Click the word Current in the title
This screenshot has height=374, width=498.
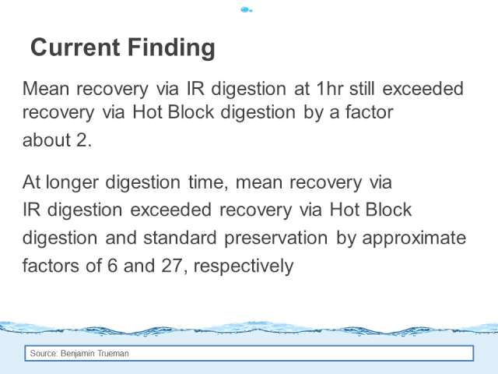pos(75,47)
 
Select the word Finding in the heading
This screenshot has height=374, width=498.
pos(171,48)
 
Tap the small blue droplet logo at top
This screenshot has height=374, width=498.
pos(247,10)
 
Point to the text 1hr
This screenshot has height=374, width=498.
pos(330,88)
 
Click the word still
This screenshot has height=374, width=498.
pos(362,88)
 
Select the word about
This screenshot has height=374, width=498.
pos(47,140)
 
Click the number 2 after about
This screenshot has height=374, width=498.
pos(82,140)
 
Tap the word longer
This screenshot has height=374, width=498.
pos(72,183)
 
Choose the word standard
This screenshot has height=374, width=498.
pos(180,238)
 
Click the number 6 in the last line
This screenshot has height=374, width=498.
pos(112,266)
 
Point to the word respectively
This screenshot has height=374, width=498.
pos(244,266)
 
